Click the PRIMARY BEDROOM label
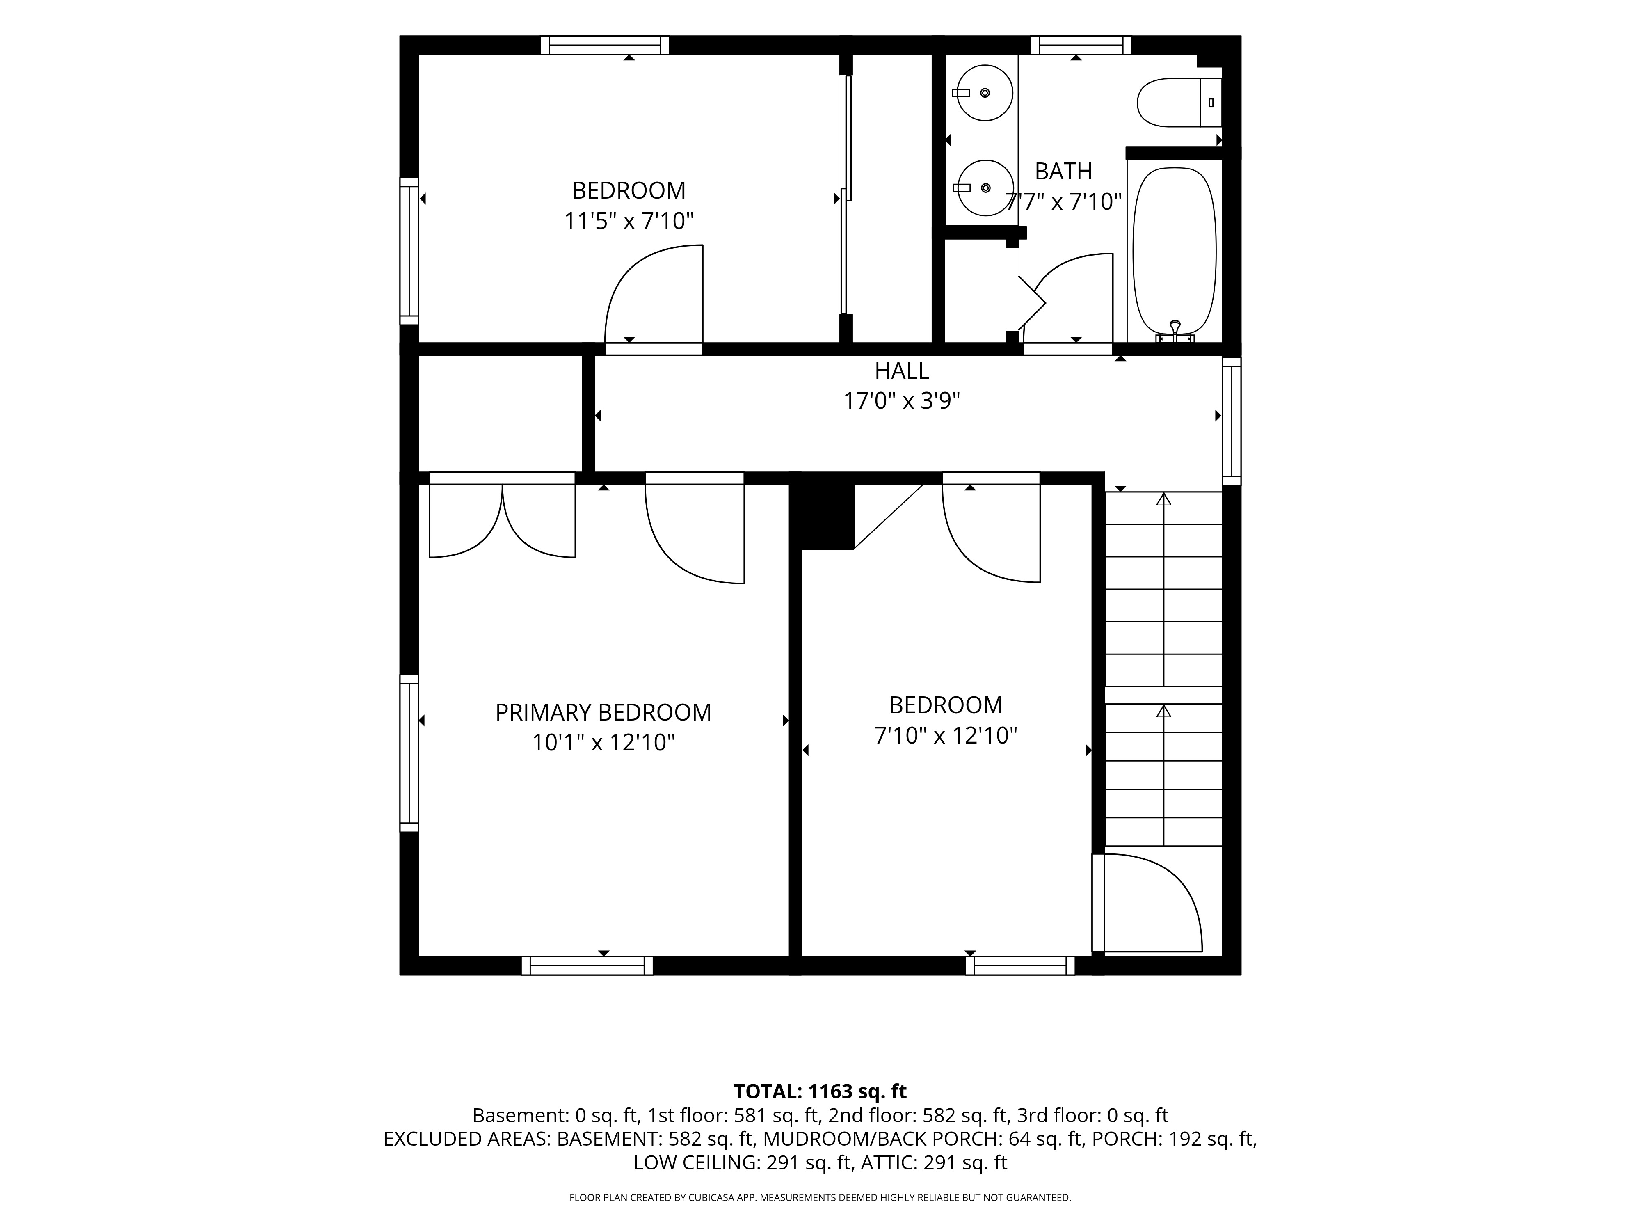(x=603, y=712)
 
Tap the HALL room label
(x=901, y=370)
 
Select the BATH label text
(x=1063, y=172)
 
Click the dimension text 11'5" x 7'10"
(x=629, y=221)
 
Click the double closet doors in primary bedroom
(x=502, y=519)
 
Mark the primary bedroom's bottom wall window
(x=587, y=966)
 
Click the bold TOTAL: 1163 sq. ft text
(x=820, y=1091)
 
